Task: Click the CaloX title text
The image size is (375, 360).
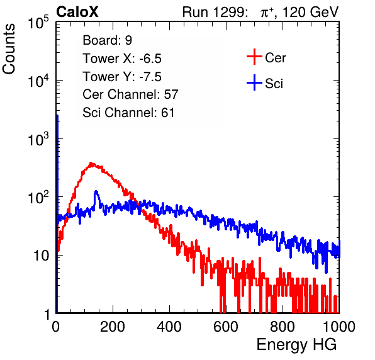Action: pos(77,12)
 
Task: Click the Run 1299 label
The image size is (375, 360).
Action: pos(215,12)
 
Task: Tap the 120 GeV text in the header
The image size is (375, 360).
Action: pos(310,12)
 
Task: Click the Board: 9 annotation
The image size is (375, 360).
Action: pos(107,40)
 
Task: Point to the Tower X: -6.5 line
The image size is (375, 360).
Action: pos(122,59)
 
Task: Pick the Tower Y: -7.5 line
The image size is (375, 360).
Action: pos(122,77)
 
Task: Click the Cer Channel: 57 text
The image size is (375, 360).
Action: pos(130,94)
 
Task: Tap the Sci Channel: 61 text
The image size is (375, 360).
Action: pos(128,113)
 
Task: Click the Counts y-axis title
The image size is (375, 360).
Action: pos(9,48)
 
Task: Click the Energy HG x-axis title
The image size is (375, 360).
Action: pos(296,344)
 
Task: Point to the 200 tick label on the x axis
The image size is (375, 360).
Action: pos(113,327)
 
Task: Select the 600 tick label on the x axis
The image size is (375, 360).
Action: pos(226,327)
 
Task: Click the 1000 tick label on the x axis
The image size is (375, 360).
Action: pos(339,327)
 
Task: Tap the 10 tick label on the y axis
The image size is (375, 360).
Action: pos(42,256)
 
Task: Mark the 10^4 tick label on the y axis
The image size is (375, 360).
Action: pos(38,81)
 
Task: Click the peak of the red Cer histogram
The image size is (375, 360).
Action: pos(91,163)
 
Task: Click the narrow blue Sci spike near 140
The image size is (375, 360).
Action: pos(96,191)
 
